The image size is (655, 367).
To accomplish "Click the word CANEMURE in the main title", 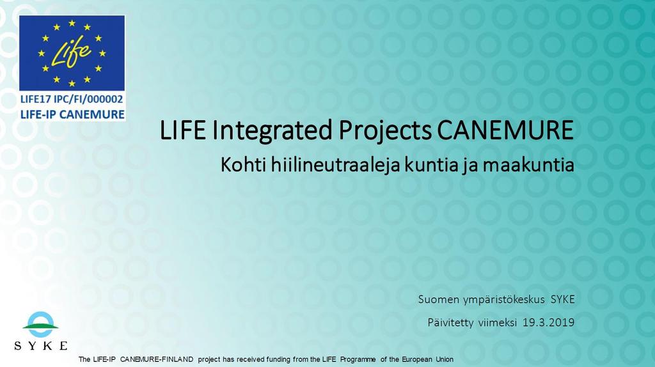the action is click(505, 130).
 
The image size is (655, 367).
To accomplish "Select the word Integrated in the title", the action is click(272, 131).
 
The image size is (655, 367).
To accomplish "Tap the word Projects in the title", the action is click(384, 131).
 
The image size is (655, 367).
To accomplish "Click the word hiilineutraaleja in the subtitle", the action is click(336, 164).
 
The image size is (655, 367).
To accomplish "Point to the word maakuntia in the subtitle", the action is click(528, 165).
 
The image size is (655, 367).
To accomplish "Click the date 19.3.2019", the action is click(548, 322).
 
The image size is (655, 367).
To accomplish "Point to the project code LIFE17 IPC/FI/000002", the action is click(72, 99).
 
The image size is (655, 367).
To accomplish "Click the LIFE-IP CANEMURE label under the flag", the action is click(72, 114).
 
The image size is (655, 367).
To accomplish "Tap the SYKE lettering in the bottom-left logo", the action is click(40, 346).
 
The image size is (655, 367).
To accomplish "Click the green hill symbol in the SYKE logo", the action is click(40, 326).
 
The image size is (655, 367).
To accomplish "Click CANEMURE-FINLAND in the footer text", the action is click(157, 359).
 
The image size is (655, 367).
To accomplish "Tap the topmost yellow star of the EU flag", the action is click(72, 23).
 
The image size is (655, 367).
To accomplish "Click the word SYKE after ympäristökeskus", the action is click(563, 299).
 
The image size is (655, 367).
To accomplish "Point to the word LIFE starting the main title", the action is click(183, 130).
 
